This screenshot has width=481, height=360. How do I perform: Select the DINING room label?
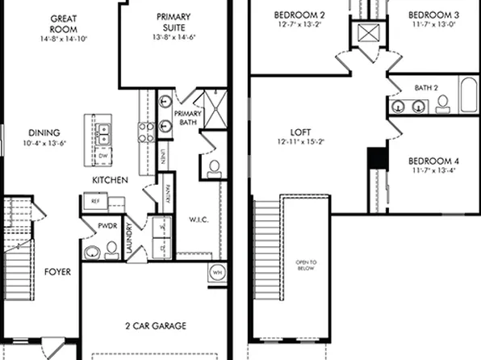coord(44,133)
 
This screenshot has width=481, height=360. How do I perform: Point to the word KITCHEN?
coord(110,179)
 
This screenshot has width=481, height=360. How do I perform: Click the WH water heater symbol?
coord(217,272)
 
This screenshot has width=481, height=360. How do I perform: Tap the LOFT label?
coord(300,133)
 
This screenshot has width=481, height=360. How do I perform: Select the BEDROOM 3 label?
coord(433,15)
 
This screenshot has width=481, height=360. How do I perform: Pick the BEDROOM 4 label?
coord(433,159)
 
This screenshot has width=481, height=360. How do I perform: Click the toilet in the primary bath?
coord(214,167)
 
